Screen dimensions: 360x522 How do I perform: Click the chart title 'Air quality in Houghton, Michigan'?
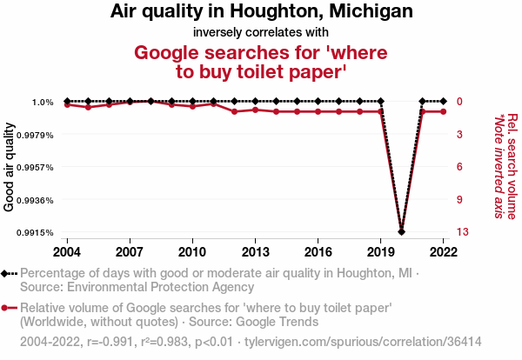(262, 12)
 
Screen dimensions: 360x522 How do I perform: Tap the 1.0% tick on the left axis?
(42, 103)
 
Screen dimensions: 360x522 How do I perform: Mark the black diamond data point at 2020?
(401, 231)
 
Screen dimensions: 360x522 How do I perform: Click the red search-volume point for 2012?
(234, 111)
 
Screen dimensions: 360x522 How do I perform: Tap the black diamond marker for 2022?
(443, 102)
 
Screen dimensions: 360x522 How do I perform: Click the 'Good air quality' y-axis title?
(10, 167)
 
